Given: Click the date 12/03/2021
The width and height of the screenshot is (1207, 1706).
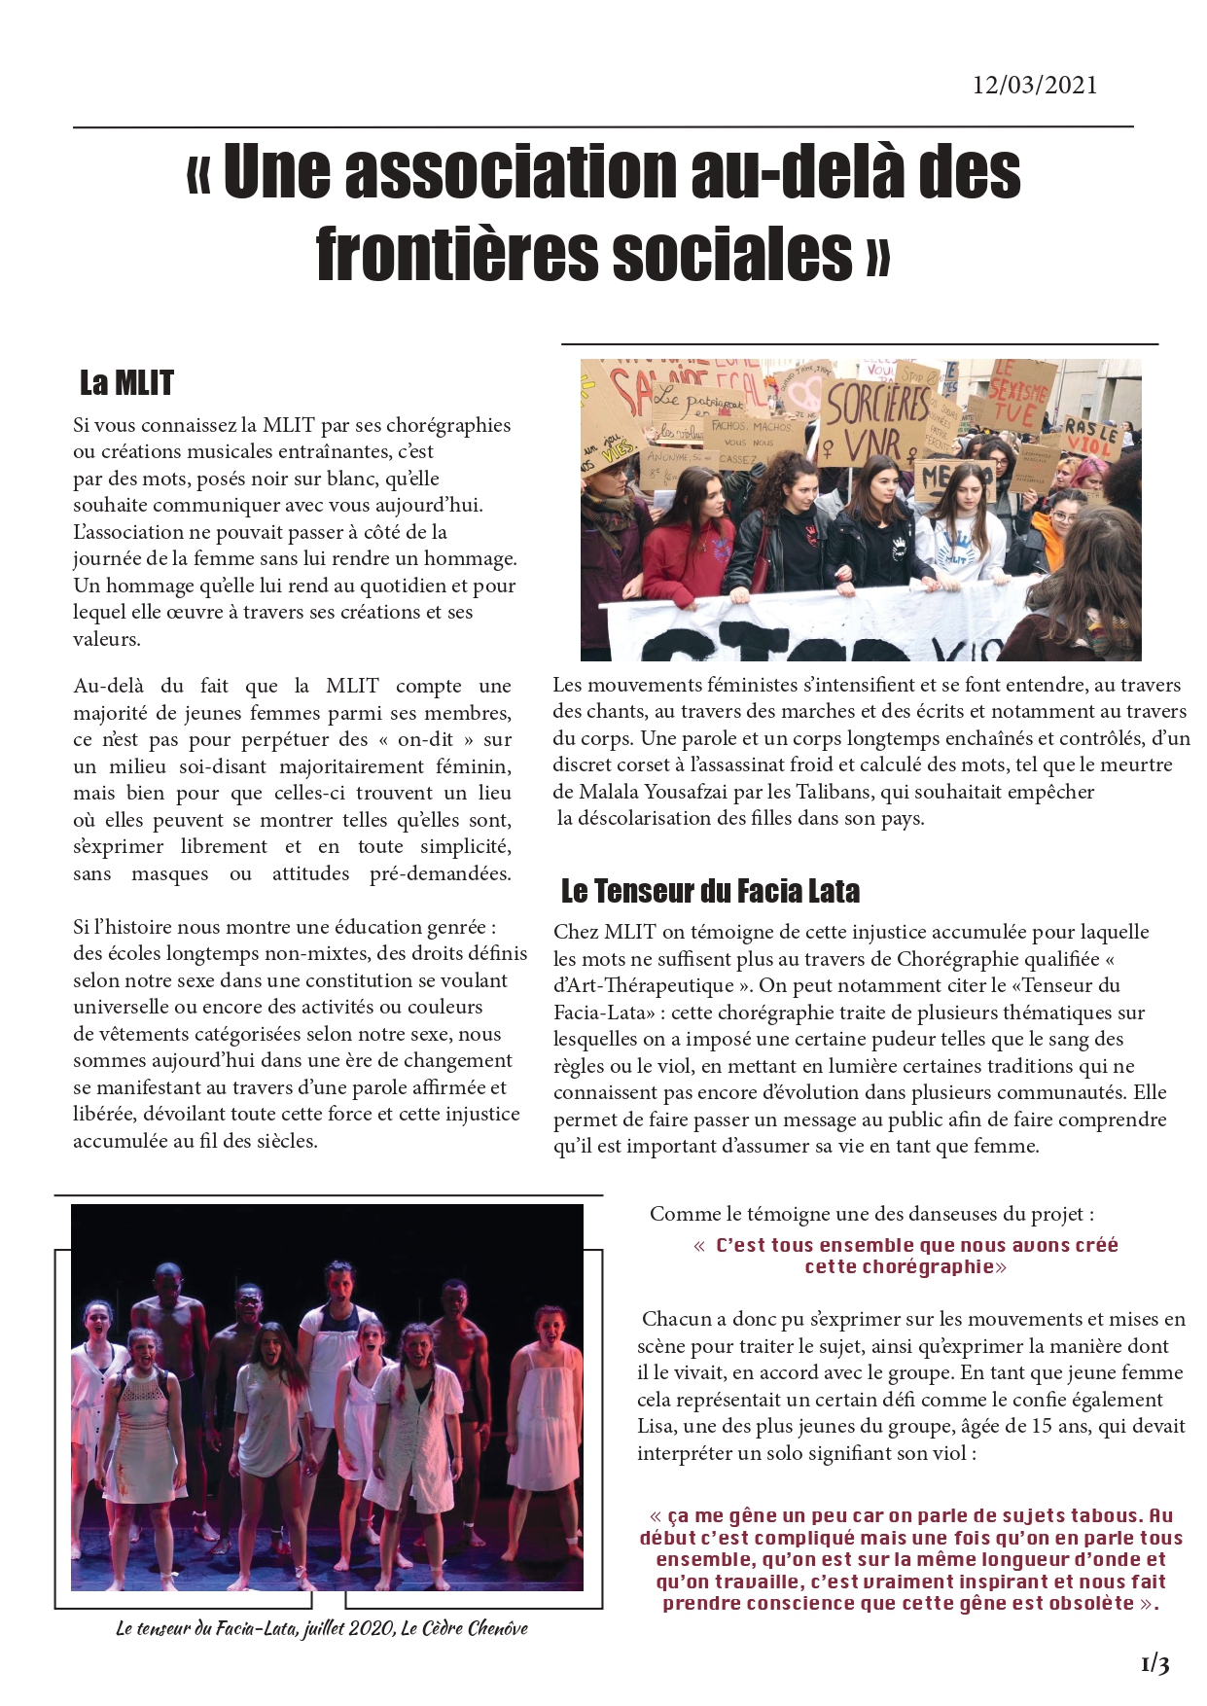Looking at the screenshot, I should point(1034,86).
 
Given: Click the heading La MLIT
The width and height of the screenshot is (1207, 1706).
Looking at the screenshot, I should point(126,383).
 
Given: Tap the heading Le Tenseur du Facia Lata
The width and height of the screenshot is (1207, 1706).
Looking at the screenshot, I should point(710,891).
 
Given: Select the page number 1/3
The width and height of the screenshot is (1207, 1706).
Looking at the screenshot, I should point(1154,1664).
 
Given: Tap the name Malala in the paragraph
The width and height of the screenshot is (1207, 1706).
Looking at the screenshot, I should point(614,792).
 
